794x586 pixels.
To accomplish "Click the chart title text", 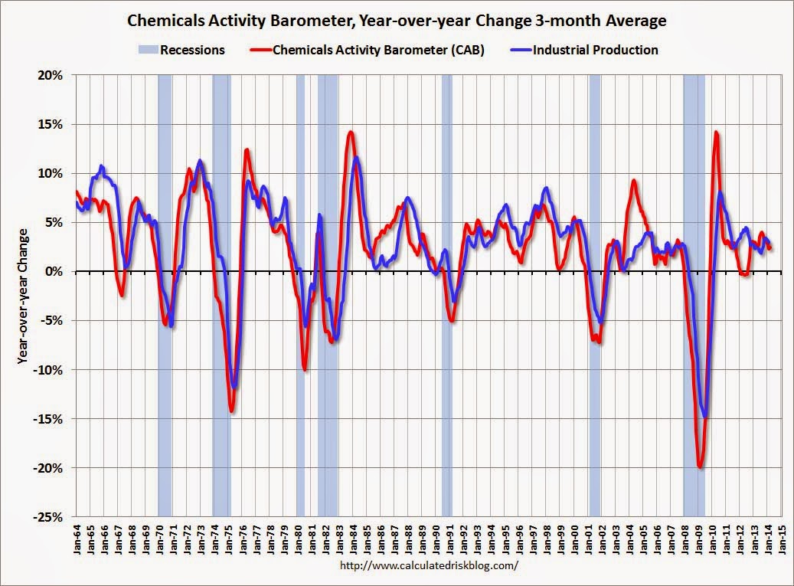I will pyautogui.click(x=397, y=21).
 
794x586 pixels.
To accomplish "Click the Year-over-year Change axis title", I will pyautogui.click(x=25, y=295).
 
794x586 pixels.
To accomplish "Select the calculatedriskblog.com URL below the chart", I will pyautogui.click(x=428, y=566).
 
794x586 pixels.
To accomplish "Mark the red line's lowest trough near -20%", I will pyautogui.click(x=700, y=467).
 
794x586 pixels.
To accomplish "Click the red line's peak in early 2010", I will pyautogui.click(x=716, y=133).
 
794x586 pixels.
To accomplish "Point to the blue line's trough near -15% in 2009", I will pyautogui.click(x=704, y=416).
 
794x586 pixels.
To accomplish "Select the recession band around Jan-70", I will pyautogui.click(x=165, y=296).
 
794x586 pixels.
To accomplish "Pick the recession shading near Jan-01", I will pyautogui.click(x=594, y=296).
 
